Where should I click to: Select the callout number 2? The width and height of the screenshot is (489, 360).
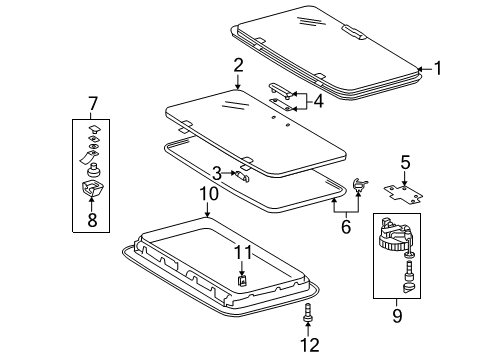click(x=238, y=66)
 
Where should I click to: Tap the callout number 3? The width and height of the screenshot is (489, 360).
click(x=216, y=174)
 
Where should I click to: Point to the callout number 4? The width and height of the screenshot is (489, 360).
click(x=318, y=100)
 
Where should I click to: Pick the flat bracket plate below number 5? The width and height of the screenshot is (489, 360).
click(x=404, y=188)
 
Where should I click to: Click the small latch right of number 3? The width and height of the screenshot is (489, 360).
click(x=242, y=174)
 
